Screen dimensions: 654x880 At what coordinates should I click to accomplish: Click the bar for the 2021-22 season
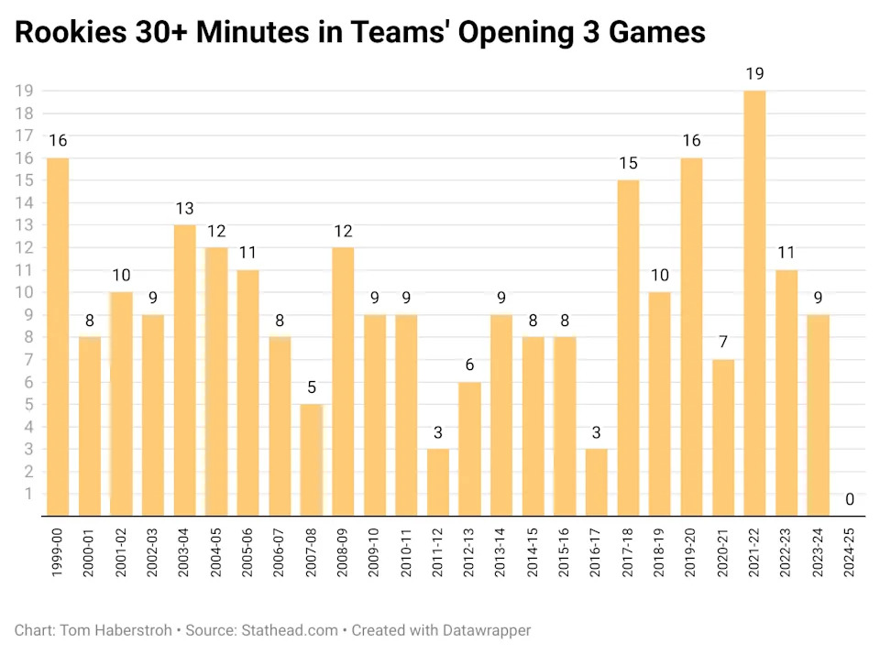coord(754,302)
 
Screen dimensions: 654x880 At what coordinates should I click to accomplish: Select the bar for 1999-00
coord(58,336)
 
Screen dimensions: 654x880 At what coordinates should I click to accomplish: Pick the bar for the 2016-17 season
coord(596,482)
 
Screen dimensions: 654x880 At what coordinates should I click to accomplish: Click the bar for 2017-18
coord(628,347)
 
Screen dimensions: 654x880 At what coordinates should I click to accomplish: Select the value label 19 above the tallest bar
coord(754,73)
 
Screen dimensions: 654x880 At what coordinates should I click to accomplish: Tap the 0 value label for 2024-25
coord(850,499)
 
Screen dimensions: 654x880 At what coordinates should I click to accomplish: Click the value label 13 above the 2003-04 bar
coord(184,208)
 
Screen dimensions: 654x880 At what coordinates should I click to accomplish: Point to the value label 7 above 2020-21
coord(723,343)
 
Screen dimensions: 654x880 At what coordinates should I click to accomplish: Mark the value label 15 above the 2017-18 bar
coord(628,163)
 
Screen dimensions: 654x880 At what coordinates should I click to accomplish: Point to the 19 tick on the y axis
coord(25,91)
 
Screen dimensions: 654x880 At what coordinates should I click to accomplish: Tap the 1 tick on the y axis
coord(28,494)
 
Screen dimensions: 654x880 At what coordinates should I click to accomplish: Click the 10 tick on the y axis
coord(25,292)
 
